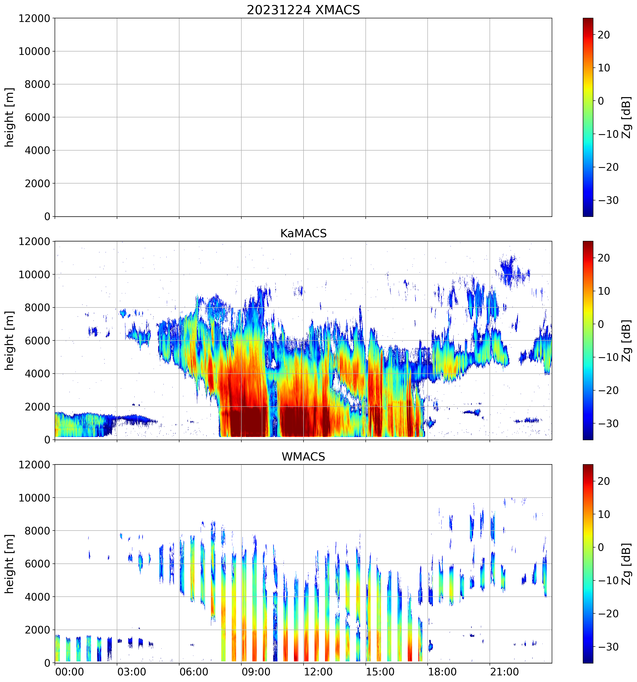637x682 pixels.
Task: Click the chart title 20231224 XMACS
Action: pos(303,10)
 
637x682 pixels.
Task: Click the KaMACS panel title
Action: pos(303,233)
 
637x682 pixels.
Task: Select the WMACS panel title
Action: pos(303,457)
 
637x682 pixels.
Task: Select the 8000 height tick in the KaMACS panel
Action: pos(37,308)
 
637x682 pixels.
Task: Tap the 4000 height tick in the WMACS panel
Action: pos(37,597)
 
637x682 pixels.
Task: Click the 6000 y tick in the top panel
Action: pos(37,118)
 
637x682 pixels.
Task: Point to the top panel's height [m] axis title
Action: pos(10,117)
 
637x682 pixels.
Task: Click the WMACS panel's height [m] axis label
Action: pos(10,564)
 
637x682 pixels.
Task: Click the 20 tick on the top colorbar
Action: pos(604,35)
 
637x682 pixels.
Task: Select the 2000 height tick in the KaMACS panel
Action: pos(37,407)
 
